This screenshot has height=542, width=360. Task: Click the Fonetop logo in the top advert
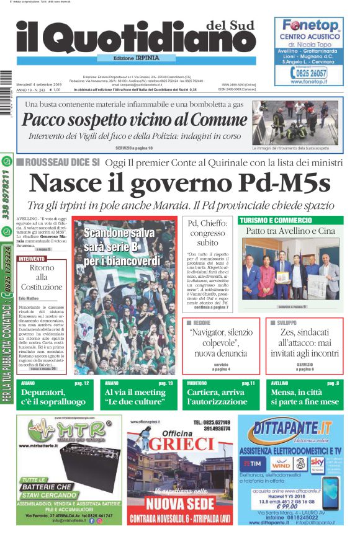tap(311, 26)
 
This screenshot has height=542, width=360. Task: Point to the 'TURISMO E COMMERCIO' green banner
tap(276, 220)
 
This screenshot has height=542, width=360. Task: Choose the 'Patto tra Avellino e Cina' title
tap(290, 231)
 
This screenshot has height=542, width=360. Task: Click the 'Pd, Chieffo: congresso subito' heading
tap(207, 233)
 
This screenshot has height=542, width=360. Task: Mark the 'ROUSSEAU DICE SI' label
tap(60, 162)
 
